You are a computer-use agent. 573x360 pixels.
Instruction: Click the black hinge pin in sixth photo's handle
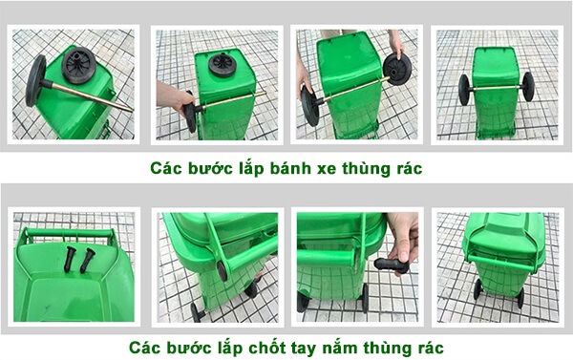point(222,269)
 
